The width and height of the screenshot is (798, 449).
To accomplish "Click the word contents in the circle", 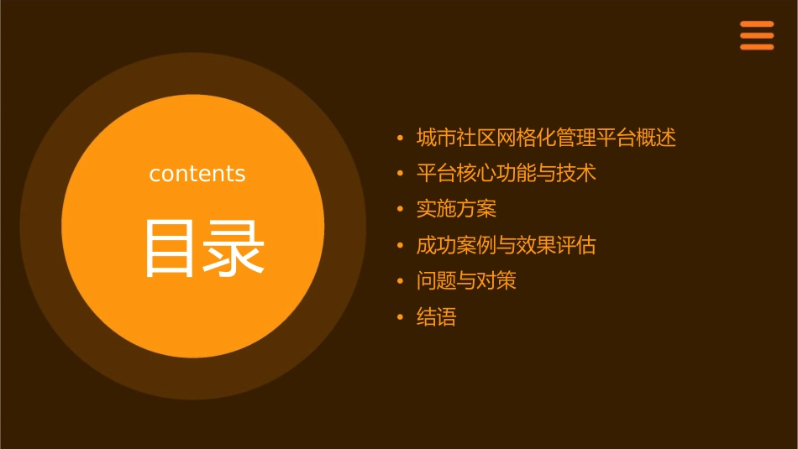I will coord(197,174).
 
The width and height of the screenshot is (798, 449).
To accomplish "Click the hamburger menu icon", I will coord(757,35).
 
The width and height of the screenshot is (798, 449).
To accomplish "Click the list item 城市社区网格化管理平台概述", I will coord(546,138).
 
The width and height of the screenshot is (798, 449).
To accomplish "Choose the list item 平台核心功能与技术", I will coord(506,174).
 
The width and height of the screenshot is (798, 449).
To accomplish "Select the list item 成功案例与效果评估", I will coord(506,246).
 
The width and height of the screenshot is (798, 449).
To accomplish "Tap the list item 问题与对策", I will coord(466,281).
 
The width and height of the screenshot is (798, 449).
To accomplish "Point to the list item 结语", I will coord(436,317).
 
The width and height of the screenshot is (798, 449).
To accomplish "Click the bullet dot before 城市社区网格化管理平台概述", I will coord(401,138).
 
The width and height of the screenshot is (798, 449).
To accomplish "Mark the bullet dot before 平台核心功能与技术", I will coord(401,174).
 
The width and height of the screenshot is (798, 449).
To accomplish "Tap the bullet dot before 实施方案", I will coord(401,210).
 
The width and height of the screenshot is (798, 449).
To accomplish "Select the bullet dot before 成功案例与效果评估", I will coord(401,246).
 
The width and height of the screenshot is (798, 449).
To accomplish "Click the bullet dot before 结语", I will coord(401,318).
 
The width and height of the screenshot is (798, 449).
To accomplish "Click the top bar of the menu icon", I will coord(757,24).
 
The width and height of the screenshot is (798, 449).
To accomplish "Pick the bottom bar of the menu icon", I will coord(757,47).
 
